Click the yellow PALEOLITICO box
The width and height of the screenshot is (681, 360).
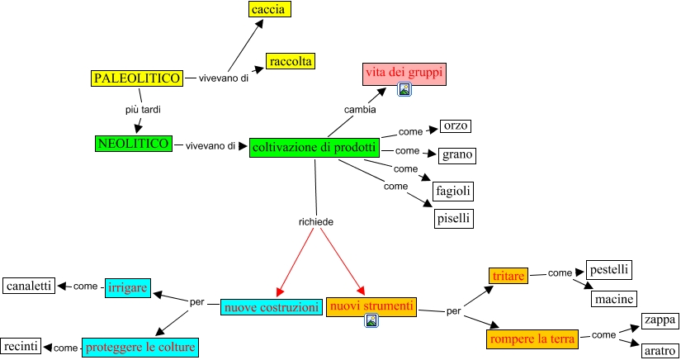pos(136,78)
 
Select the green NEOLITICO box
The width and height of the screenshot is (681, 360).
pos(134,144)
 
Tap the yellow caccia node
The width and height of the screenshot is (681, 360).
pos(269,10)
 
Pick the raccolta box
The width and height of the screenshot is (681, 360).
pos(291,61)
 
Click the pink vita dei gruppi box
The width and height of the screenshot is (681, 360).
pos(404,73)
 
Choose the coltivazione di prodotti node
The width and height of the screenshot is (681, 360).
pos(314,148)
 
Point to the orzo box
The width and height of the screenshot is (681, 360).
pos(456,126)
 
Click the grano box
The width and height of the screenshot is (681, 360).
pos(457,154)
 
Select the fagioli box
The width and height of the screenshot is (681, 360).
pos(454,191)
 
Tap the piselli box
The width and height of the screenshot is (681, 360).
pos(454,219)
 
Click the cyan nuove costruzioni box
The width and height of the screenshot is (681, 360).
pos(271,307)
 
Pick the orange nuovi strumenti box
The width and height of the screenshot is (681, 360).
pos(371,306)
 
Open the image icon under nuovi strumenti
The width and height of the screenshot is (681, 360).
pos(371,320)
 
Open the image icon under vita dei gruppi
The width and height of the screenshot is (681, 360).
pos(404,89)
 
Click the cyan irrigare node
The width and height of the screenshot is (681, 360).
pos(127,287)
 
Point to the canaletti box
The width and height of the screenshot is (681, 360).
pos(28,287)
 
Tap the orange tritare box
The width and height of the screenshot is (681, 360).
pos(508,277)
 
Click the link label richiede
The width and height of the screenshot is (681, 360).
pos(316,221)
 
